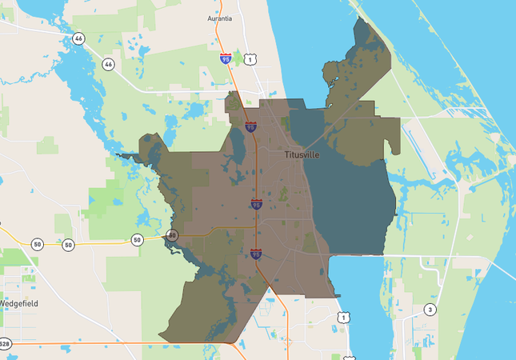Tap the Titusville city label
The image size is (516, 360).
point(302,154)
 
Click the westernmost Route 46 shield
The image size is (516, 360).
point(78,38)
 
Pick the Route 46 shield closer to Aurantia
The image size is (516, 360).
point(108,63)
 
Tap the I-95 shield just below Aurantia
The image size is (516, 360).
point(226,58)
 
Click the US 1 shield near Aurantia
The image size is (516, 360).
point(250,59)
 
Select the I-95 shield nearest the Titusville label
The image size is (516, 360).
point(251,126)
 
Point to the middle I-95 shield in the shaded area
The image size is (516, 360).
point(256,206)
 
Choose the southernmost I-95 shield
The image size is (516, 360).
point(255,254)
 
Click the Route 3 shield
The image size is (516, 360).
point(430,309)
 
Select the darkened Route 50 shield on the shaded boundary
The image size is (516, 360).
point(172,235)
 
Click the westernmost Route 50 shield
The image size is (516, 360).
point(37,245)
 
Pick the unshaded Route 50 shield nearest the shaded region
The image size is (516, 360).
point(137,239)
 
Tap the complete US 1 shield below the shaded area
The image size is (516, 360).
point(343,318)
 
